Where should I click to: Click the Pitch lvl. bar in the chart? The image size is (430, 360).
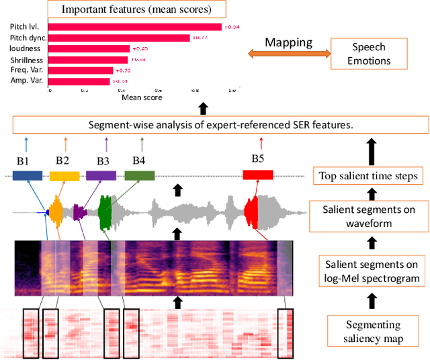[x=134, y=27]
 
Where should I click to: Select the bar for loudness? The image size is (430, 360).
[x=89, y=48]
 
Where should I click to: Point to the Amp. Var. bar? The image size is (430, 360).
[x=79, y=81]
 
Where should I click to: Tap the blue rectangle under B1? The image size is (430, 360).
[x=28, y=175]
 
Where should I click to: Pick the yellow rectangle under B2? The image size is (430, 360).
[x=64, y=175]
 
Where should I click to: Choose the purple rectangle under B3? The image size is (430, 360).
[x=101, y=175]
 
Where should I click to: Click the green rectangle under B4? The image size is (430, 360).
[x=140, y=175]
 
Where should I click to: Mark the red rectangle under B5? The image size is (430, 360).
[x=258, y=175]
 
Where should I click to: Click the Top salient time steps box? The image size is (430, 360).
[x=368, y=177]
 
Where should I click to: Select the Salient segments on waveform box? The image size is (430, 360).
[x=368, y=217]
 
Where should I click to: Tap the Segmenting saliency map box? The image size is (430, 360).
[x=368, y=331]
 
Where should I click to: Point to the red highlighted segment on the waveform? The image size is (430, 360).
[x=251, y=214]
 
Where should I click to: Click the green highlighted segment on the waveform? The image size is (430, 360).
[x=105, y=214]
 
